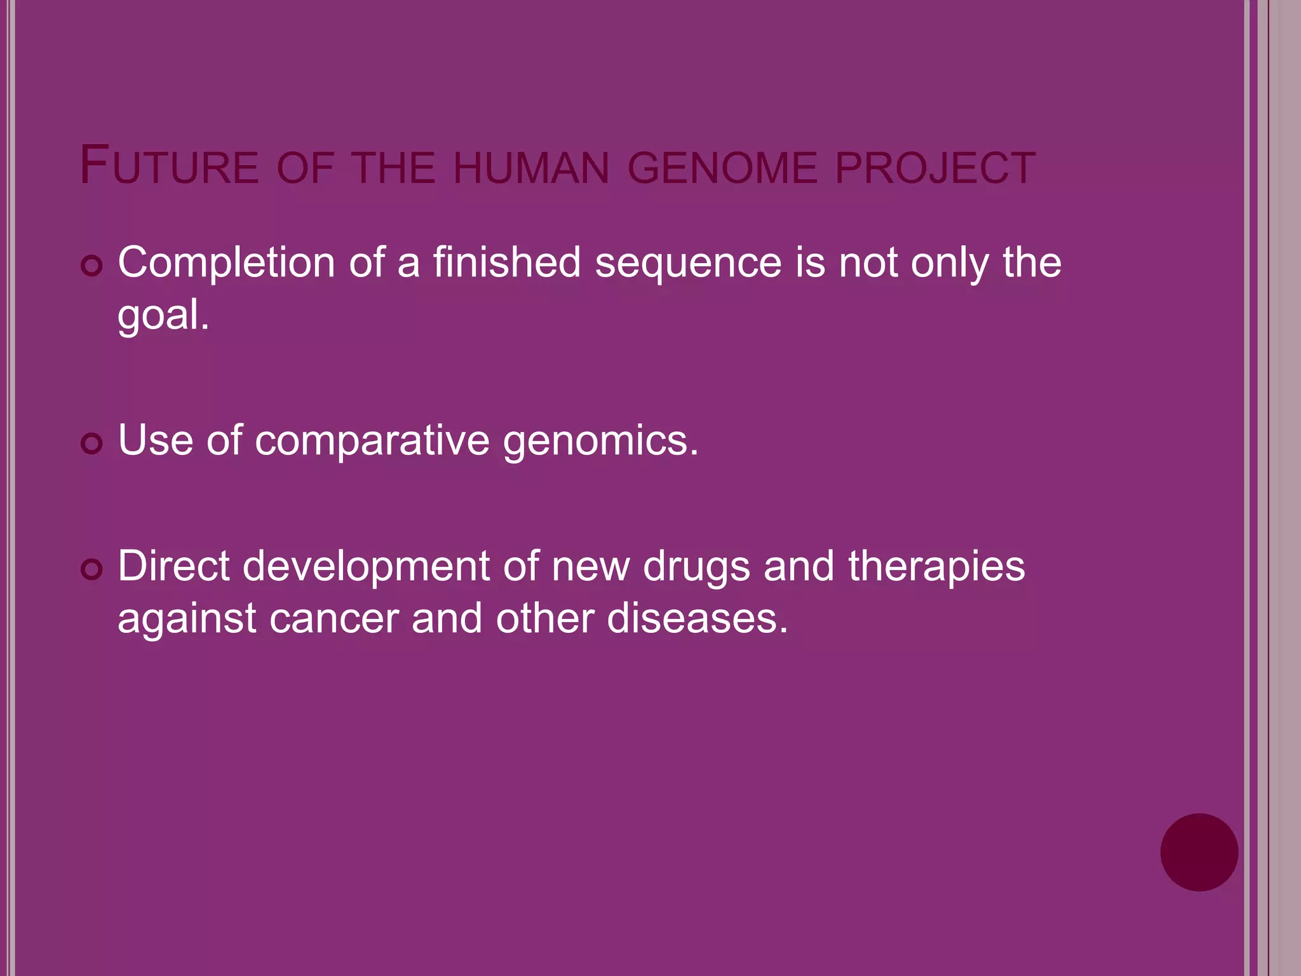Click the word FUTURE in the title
click(169, 166)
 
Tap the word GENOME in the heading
click(722, 168)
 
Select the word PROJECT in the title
click(935, 168)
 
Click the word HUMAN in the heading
click(531, 168)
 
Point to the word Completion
click(226, 262)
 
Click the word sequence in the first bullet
click(688, 262)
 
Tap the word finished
click(507, 262)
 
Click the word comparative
click(372, 440)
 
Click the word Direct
click(173, 566)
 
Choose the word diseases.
click(697, 618)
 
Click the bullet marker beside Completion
click(92, 266)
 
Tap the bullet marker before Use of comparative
click(92, 444)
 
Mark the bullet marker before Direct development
click(92, 569)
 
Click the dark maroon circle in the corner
click(1199, 852)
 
